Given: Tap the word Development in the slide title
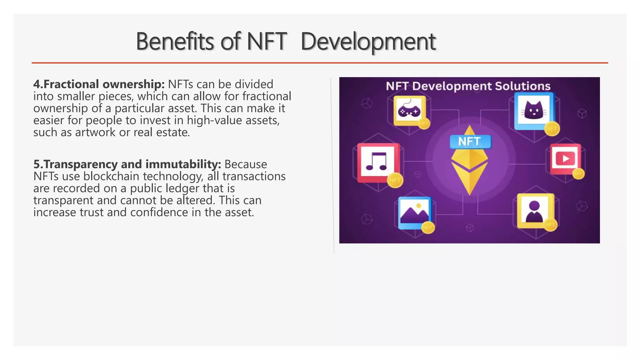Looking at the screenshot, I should click(x=368, y=42).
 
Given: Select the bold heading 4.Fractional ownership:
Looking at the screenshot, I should click(x=99, y=84).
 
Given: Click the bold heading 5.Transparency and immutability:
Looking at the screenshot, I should click(x=127, y=164).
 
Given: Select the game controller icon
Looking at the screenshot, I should click(x=409, y=110).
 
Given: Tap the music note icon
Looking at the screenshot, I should click(x=377, y=162).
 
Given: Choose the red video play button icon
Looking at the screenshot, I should click(x=566, y=159).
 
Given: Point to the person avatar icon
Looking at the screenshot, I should click(x=534, y=211).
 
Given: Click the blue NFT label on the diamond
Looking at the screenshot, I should click(x=470, y=142).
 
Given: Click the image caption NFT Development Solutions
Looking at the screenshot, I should click(x=468, y=86).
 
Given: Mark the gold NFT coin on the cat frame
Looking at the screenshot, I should click(x=552, y=129).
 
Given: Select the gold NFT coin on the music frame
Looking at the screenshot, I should click(x=395, y=180).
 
